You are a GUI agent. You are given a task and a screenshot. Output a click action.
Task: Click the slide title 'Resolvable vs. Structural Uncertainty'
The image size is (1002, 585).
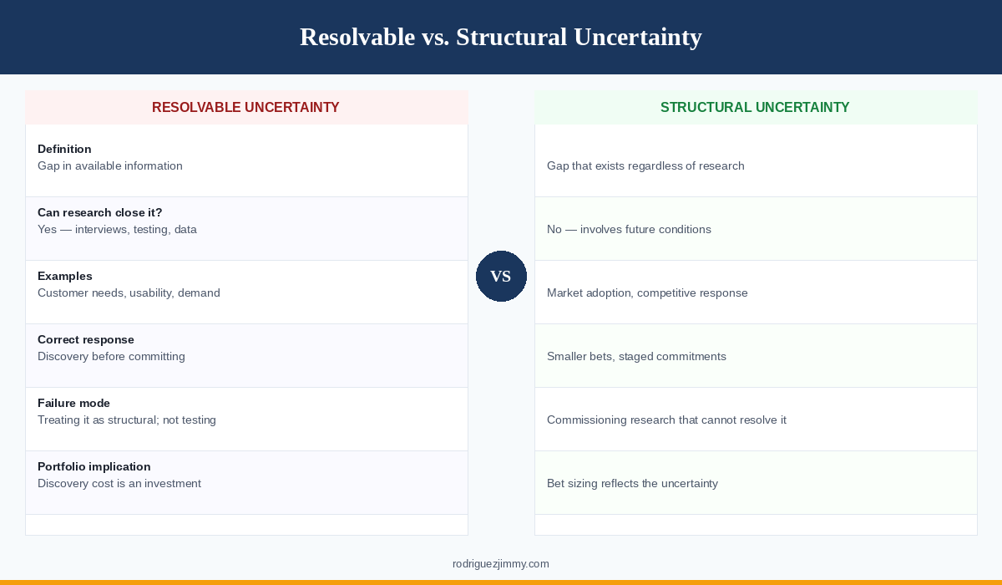500,37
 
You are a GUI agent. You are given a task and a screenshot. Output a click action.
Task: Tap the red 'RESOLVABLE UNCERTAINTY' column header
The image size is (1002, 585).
245,107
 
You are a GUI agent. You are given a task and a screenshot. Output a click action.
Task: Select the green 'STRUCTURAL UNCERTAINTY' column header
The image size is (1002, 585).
755,107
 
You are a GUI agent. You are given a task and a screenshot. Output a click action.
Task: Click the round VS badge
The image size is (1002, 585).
501,276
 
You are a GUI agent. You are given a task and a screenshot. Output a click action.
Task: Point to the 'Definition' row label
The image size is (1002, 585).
64,149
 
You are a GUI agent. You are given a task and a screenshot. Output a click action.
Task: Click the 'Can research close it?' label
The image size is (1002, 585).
100,212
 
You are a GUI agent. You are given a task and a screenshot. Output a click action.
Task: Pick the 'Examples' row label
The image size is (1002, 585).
65,276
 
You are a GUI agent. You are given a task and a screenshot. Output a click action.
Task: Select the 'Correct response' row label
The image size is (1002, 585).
86,339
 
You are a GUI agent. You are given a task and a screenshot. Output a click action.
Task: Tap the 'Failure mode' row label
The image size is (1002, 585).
73,403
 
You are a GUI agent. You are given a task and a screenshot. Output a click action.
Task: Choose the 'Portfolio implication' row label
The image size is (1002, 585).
94,466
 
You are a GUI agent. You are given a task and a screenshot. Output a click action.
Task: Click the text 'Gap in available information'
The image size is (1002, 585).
110,165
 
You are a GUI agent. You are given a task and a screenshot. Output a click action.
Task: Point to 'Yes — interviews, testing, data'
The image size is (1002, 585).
117,229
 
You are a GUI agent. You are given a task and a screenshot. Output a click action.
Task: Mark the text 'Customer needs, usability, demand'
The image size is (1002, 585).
129,292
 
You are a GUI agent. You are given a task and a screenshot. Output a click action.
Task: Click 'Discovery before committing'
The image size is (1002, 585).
111,356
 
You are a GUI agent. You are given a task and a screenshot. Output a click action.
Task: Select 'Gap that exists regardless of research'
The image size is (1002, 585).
645,165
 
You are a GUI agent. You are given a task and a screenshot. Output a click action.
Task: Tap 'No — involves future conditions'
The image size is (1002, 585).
629,229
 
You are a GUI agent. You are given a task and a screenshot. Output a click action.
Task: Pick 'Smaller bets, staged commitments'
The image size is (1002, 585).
636,356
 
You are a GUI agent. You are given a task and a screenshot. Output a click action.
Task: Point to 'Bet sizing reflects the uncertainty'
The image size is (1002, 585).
632,483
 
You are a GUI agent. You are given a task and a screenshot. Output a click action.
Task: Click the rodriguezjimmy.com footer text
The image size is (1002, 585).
501,564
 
